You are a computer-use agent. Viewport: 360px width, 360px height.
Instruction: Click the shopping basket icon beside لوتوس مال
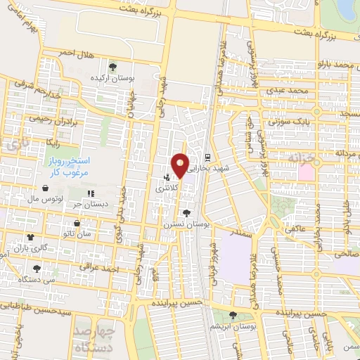[x=46, y=188]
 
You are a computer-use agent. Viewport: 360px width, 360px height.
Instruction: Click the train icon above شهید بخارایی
[x=207, y=157]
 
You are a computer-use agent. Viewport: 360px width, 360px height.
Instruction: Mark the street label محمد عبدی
[x=292, y=91]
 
